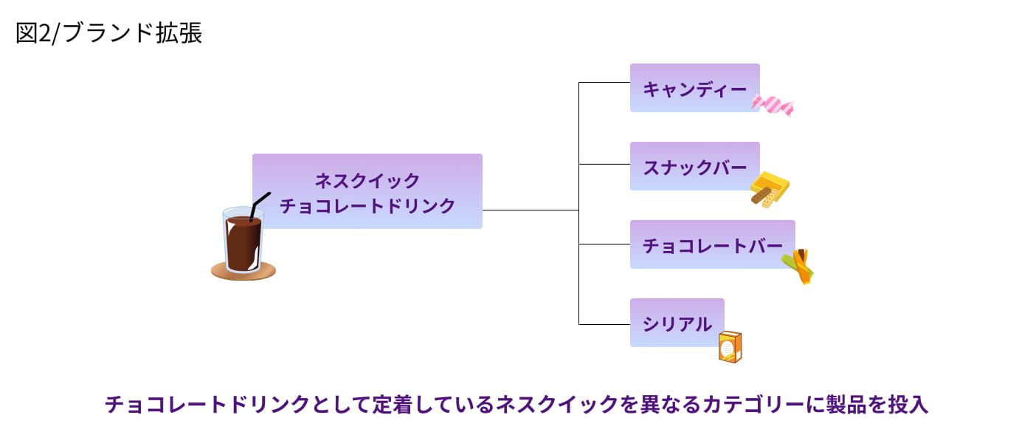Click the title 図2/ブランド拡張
[x=108, y=33]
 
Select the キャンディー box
[x=694, y=88]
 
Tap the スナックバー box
[x=694, y=166]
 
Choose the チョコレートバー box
[x=712, y=244]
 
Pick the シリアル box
[x=677, y=323]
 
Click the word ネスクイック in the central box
[x=367, y=180]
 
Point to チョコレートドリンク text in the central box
[x=367, y=205]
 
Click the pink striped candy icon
[x=773, y=105]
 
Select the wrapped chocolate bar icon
[x=798, y=266]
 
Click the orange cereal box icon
[x=730, y=346]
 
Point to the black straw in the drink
[x=259, y=205]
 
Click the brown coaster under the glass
[x=243, y=272]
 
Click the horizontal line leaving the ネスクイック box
[x=530, y=210]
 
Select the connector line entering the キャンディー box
[x=604, y=83]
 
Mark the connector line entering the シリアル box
[x=604, y=324]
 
